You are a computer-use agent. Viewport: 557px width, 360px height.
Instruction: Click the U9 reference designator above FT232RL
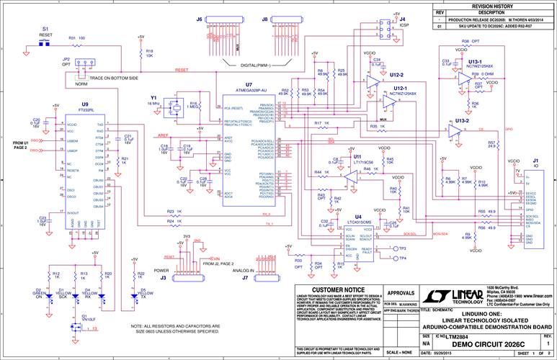pos(85,105)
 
